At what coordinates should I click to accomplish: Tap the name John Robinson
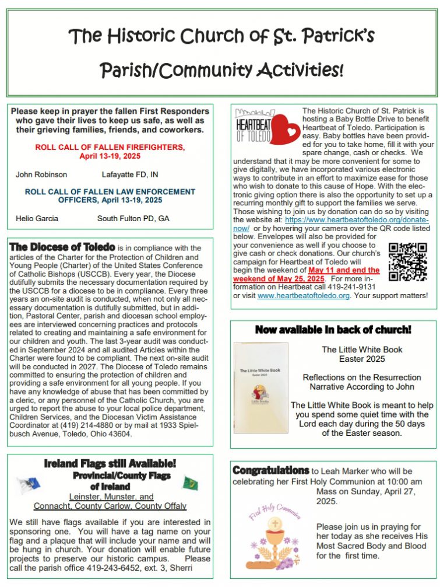point(41,174)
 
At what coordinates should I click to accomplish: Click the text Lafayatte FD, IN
point(130,174)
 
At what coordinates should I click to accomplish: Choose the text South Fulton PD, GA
point(133,218)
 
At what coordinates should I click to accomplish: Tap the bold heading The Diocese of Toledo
point(62,247)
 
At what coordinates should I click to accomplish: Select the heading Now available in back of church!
point(333,330)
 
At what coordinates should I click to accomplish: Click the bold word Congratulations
point(270,470)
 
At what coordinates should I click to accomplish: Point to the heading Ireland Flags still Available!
point(110,464)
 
